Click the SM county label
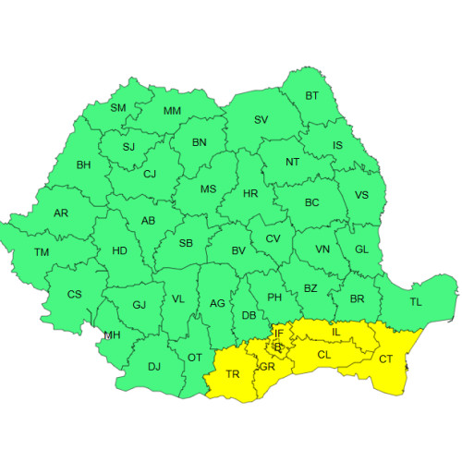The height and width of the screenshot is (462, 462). [118, 108]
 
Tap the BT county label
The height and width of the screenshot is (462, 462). [311, 96]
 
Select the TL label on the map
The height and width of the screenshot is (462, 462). [416, 302]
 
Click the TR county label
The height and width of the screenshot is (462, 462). [233, 374]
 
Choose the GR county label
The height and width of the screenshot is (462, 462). [268, 367]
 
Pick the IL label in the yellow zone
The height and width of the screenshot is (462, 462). [336, 331]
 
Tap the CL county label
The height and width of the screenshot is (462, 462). [324, 354]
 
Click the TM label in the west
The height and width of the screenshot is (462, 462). [42, 252]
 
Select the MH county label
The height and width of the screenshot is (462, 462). [112, 334]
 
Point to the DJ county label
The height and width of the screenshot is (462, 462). [154, 367]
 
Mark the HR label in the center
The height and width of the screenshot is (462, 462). [249, 194]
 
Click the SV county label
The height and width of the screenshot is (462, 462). [261, 120]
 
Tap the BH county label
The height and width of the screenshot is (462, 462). [84, 165]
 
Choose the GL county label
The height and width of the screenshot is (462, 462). [361, 249]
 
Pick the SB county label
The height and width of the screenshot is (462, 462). [186, 244]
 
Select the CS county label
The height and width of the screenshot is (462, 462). [75, 295]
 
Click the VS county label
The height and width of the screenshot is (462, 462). [361, 195]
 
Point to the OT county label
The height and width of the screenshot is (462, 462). [195, 358]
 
